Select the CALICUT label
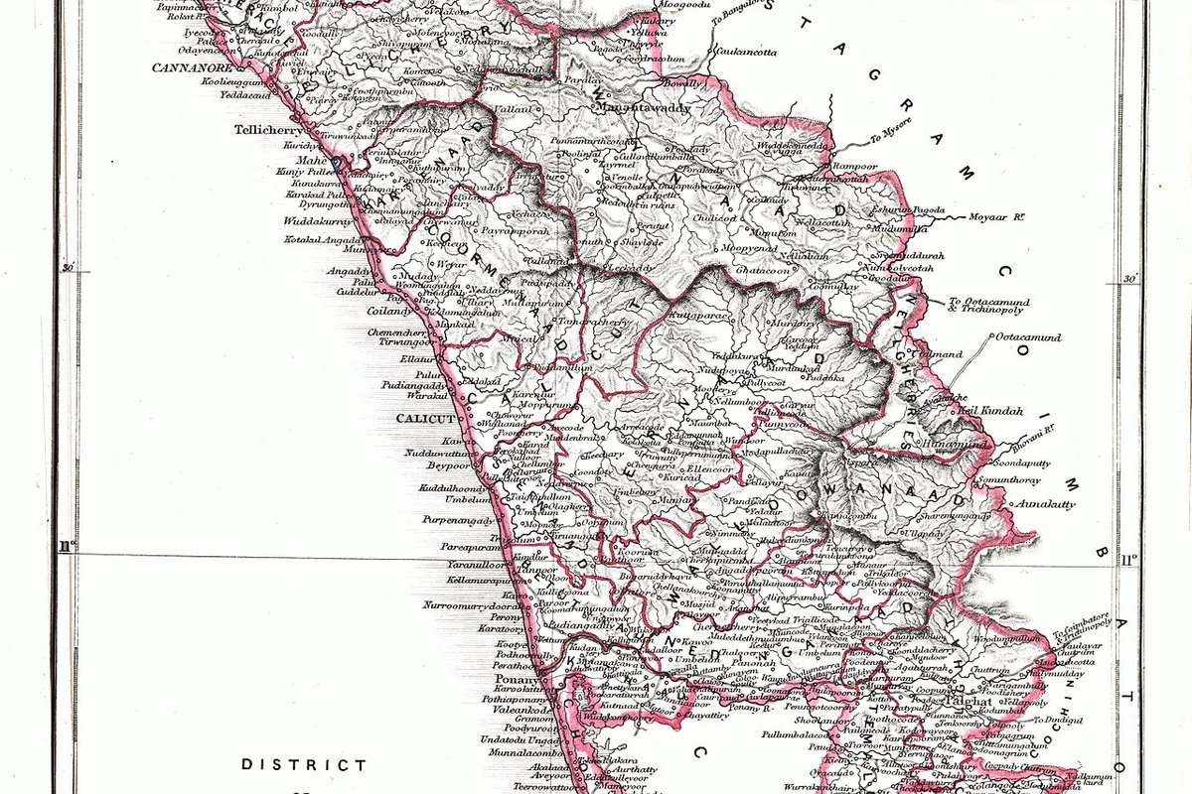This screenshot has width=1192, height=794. (x=425, y=419)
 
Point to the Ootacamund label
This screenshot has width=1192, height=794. (x=1028, y=337)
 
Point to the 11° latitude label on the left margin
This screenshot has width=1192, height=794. (x=67, y=545)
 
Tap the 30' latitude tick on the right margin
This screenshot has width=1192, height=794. (x=1129, y=279)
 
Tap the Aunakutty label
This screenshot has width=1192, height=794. (x=1043, y=504)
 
